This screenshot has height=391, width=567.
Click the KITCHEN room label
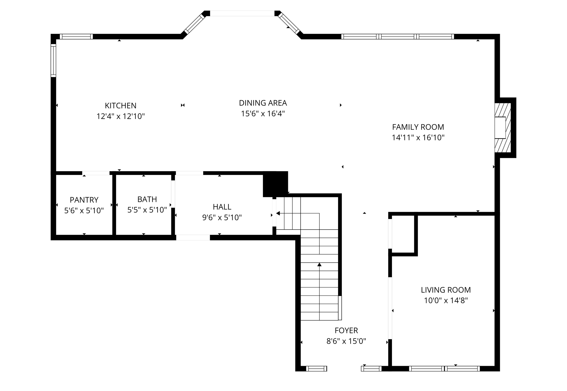[x=120, y=106]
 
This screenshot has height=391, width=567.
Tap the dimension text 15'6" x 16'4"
[x=263, y=114]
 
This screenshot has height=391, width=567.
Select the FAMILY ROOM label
[x=418, y=127]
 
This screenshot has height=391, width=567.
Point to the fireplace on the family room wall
[x=502, y=128]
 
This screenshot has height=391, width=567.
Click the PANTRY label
[x=84, y=200]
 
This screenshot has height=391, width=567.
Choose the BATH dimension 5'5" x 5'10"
[x=147, y=210]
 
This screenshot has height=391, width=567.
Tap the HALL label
[x=222, y=207]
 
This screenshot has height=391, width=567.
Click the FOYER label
[x=346, y=330]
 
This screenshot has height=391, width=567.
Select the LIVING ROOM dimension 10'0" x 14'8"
[x=446, y=300]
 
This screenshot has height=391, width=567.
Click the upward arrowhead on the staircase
[x=319, y=264]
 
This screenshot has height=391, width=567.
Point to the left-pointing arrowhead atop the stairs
[x=278, y=213]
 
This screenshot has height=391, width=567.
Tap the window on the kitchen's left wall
[x=53, y=60]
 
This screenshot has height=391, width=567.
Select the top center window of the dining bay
[x=242, y=13]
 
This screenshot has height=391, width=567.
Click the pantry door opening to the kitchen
[x=96, y=173]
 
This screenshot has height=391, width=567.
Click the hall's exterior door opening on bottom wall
[x=193, y=238]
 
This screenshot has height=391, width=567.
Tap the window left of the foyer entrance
[x=316, y=369]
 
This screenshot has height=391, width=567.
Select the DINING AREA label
[x=263, y=103]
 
